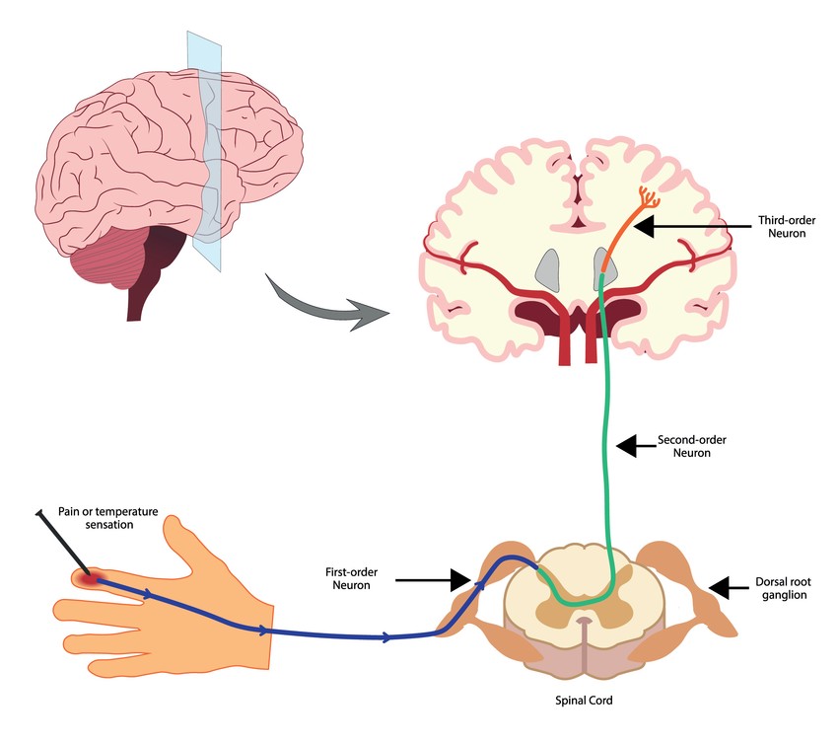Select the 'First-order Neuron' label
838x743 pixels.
pos(350,579)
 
